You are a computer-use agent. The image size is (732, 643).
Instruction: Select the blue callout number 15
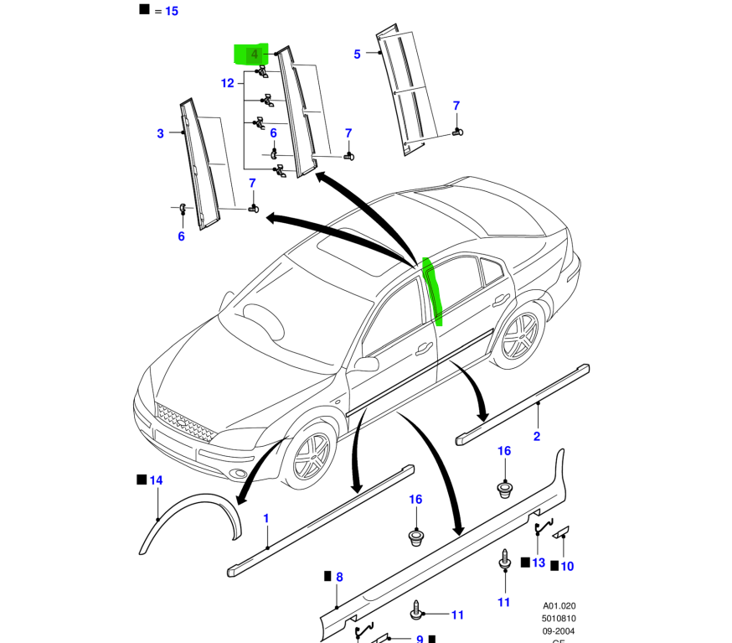point(172,11)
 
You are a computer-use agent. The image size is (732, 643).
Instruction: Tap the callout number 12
point(227,83)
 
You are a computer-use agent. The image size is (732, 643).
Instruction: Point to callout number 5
point(357,54)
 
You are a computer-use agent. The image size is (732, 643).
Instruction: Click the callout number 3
point(160,133)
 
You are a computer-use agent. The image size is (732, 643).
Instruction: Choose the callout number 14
point(156,480)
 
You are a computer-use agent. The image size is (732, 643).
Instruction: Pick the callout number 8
point(339,577)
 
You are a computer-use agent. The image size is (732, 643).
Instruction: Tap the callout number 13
point(538,563)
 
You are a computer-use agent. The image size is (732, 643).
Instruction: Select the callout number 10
point(567,567)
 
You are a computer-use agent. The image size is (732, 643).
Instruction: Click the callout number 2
point(537,436)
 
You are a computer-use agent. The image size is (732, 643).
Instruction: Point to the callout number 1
point(266,519)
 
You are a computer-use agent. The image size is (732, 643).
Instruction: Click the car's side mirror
point(366,364)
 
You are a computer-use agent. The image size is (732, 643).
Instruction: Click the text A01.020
point(559,606)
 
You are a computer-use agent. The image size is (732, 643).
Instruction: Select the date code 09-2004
point(559,631)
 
